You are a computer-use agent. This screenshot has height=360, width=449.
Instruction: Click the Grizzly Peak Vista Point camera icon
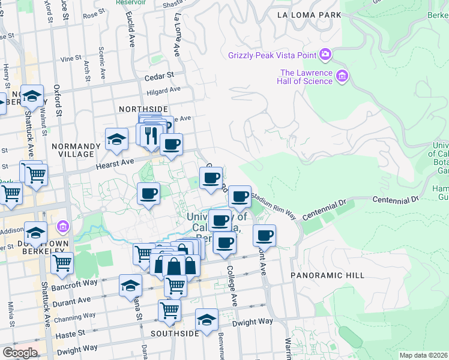(x=325, y=55)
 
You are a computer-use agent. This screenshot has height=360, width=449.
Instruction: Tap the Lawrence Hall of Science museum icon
(x=342, y=76)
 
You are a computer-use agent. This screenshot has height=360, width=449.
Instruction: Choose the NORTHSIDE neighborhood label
(x=143, y=109)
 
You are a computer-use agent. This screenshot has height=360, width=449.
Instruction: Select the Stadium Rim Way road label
(x=274, y=204)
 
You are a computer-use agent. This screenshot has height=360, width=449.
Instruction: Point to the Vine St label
(x=71, y=59)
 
